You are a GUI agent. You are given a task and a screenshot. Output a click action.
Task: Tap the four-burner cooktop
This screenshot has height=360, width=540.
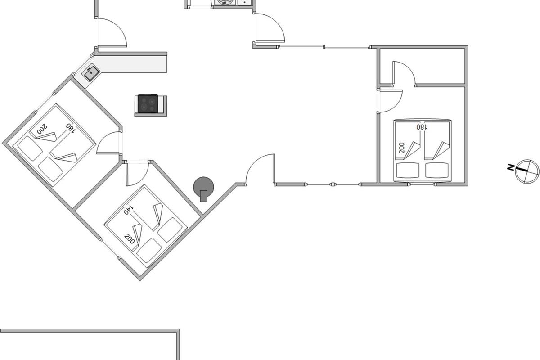coord(148,104)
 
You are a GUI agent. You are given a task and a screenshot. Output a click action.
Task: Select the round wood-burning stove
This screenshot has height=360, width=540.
coord(203,186)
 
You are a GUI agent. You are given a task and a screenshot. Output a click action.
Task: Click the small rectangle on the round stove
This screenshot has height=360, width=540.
coord(204,196)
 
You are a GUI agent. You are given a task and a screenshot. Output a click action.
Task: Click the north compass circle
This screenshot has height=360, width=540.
coord(527,171)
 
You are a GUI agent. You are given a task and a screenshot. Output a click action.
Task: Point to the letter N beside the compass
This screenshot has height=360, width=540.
coord(511,168)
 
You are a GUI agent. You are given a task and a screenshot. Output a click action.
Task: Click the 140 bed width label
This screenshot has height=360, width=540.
coord(129,210)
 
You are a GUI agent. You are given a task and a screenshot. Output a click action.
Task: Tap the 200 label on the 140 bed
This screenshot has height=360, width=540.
coord(130,238)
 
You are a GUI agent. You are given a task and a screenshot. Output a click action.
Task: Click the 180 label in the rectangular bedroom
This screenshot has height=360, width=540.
coord(422,127)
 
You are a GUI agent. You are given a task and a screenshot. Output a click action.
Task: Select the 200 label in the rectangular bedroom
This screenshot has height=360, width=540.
coord(402,148)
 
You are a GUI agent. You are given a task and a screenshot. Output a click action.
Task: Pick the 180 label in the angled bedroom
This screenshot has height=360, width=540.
coord(70,127)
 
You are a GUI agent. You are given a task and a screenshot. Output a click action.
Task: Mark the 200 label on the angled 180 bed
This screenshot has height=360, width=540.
coord(42,130)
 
